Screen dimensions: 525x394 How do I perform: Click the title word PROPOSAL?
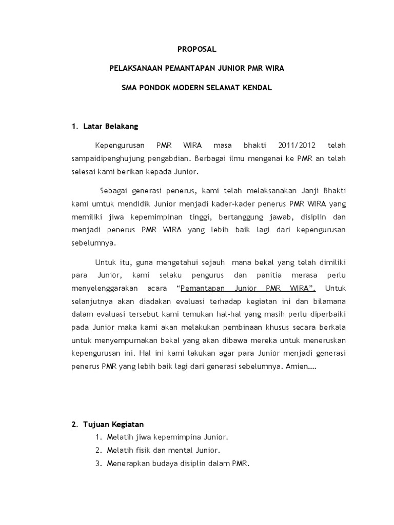coord(197,50)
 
